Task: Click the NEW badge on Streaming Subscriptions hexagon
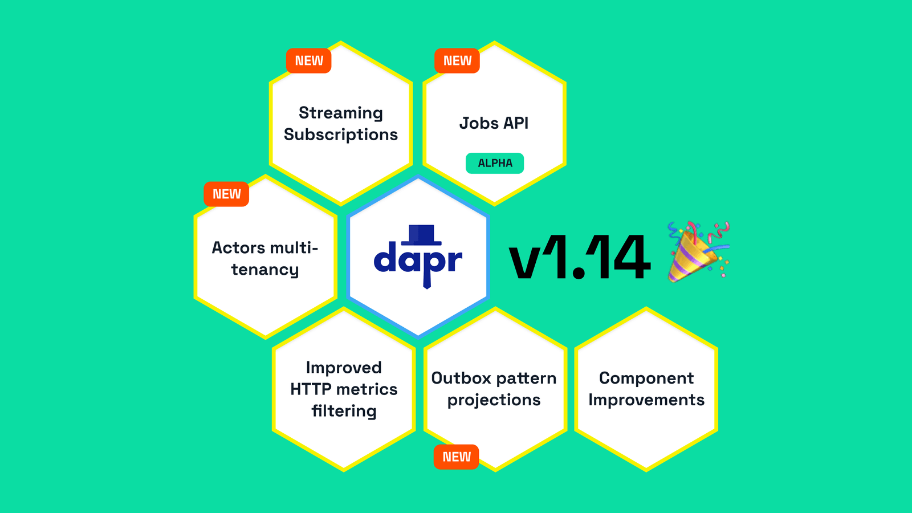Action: click(x=308, y=61)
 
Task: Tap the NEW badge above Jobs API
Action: click(x=457, y=61)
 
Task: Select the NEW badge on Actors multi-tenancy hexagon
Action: click(x=226, y=194)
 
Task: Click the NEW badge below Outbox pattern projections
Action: click(x=457, y=457)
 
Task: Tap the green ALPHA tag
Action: click(x=495, y=163)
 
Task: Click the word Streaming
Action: click(x=340, y=113)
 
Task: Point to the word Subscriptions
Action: click(x=340, y=135)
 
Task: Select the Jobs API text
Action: click(x=494, y=123)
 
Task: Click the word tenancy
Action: click(x=264, y=270)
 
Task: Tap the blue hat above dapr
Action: click(x=421, y=234)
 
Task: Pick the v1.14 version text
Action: click(x=579, y=258)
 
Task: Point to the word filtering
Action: click(x=344, y=411)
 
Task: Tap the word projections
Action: click(x=494, y=400)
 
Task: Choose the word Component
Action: click(x=646, y=378)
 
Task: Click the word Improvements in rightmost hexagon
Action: click(x=646, y=400)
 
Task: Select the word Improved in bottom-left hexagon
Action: click(x=344, y=368)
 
